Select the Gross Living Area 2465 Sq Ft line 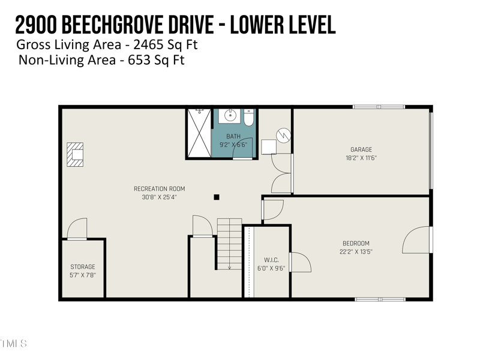click(107, 45)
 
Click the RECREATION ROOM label click(155, 189)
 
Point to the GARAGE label click(361, 150)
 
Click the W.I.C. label click(271, 260)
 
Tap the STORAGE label click(83, 267)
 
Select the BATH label click(233, 136)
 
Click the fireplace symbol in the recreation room click(75, 154)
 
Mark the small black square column click(217, 197)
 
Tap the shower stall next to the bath click(199, 133)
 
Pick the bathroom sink click(229, 115)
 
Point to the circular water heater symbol click(284, 135)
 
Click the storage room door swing click(77, 229)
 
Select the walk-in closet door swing click(300, 263)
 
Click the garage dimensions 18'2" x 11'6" click(361, 158)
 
